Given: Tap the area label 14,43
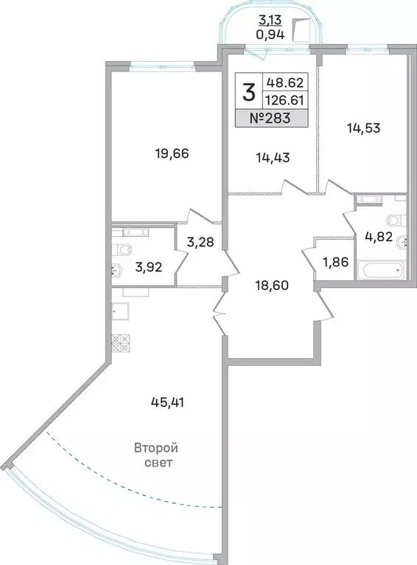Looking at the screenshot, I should click(251, 157).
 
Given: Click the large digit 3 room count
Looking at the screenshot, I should click(249, 93).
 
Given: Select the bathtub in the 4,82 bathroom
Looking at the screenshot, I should click(379, 270).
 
